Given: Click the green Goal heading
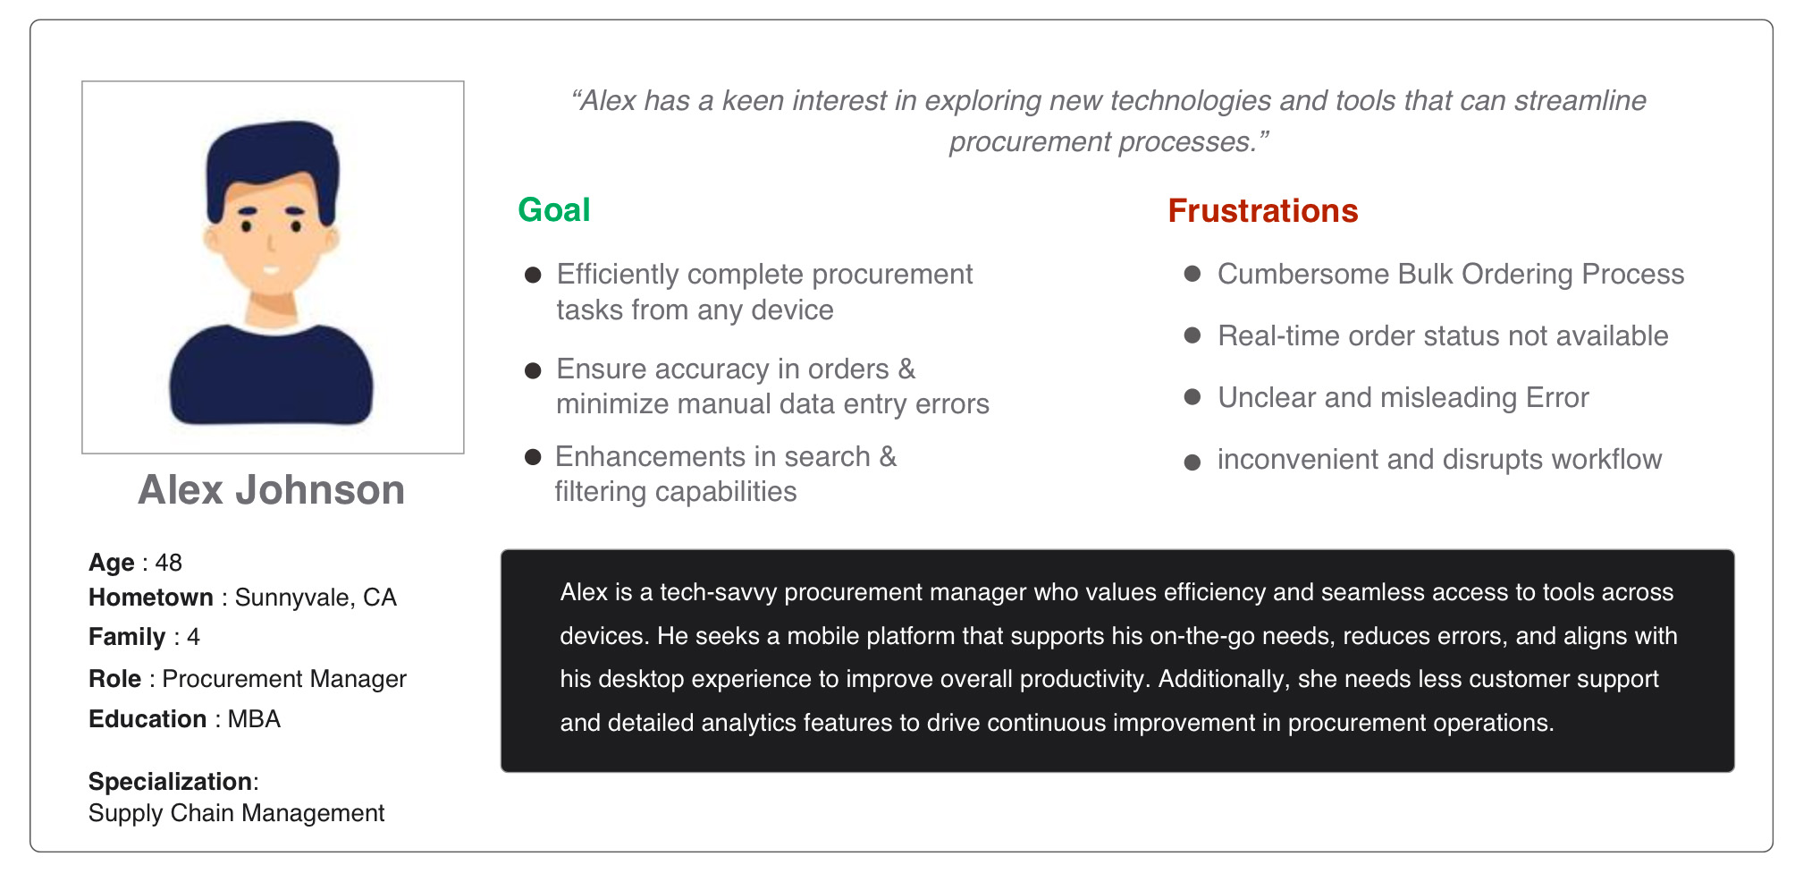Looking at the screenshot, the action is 554,210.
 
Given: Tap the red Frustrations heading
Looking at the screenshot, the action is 1263,211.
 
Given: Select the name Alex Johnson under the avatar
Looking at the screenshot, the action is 272,490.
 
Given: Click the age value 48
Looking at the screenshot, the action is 169,563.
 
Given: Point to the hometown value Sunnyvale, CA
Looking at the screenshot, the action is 316,598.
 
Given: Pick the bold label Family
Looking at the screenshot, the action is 127,637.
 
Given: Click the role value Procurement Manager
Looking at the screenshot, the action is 284,679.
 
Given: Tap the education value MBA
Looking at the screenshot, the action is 254,719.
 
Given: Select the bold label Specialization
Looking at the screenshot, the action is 170,782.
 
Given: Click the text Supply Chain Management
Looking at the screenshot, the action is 237,813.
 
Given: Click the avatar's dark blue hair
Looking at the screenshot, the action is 272,157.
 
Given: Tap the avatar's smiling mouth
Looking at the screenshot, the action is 272,269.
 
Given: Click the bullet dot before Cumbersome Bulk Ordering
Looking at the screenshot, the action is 1192,274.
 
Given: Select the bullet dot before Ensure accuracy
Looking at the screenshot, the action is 533,370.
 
